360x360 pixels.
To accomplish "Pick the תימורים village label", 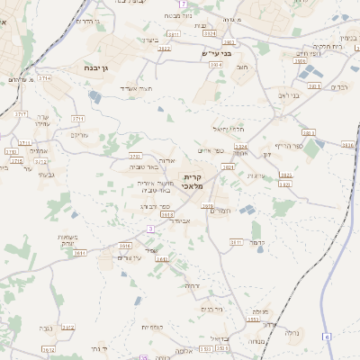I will click(219, 210).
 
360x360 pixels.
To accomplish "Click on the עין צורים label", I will click(130, 257).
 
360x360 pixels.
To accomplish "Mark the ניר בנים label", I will click(213, 309).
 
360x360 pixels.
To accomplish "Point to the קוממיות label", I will click(152, 327).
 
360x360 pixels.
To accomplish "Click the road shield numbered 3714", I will click(44, 79).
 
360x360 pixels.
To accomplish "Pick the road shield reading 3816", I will click(347, 145).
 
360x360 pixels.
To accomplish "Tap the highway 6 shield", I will click(328, 337).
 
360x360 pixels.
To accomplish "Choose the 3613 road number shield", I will click(166, 214).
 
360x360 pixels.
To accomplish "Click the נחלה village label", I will click(292, 333).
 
